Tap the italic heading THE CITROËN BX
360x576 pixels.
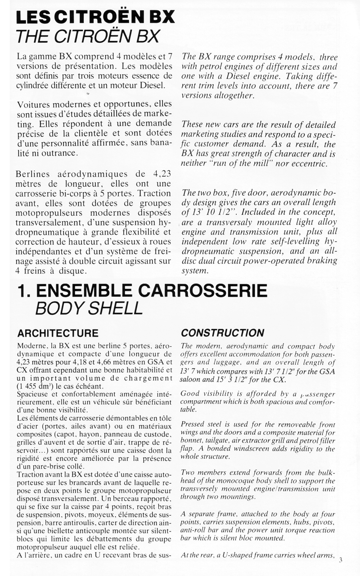click(85, 36)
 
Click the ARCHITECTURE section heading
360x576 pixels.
click(57, 333)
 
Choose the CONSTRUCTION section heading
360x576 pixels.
click(222, 333)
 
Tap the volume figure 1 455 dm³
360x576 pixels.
click(36, 385)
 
